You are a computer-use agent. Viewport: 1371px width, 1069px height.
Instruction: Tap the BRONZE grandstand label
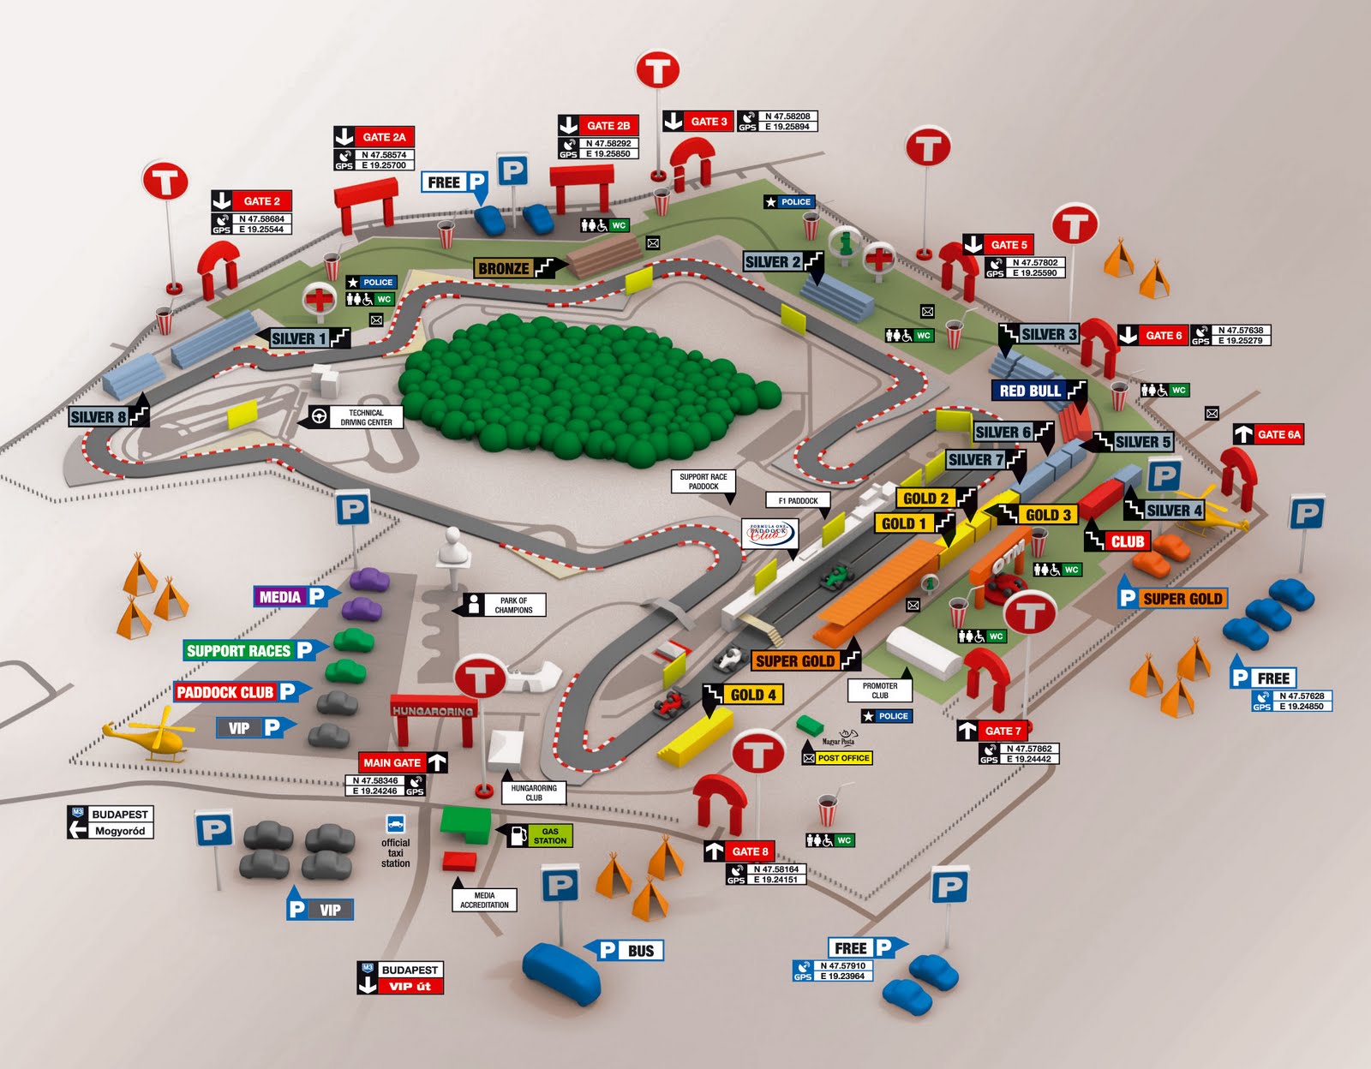click(505, 268)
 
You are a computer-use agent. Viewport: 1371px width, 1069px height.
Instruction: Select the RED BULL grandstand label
click(1031, 391)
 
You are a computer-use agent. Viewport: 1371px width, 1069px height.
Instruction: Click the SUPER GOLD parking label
click(1182, 599)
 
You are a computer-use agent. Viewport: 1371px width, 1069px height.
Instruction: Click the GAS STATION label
click(549, 835)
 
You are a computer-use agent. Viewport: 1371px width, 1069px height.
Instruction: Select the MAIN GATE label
click(392, 762)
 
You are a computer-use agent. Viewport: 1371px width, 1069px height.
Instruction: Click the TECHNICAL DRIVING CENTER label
click(366, 417)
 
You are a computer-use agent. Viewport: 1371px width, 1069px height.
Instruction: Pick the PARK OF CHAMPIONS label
click(513, 606)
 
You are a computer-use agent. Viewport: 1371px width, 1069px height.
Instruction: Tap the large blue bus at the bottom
click(562, 973)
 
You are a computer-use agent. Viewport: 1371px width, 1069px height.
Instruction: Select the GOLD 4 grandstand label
click(752, 695)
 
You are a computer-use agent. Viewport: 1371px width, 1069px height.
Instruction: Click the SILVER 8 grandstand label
click(99, 417)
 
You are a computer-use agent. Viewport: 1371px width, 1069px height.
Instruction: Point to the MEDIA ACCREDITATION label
click(484, 900)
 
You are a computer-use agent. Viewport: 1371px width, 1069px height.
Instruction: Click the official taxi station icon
click(395, 825)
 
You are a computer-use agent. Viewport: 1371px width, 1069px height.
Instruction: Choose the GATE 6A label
click(1278, 434)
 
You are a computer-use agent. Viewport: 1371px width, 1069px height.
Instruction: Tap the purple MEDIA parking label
click(280, 597)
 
